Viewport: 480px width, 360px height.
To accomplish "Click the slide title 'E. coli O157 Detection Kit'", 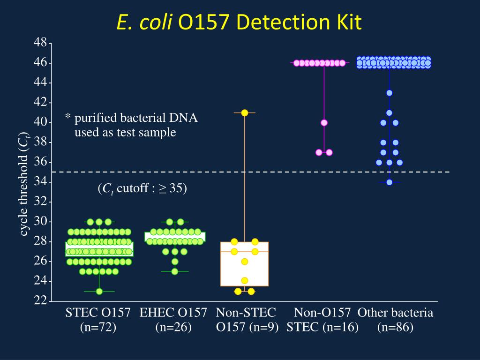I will [240, 22].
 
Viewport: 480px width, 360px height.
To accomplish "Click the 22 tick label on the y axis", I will [40, 301].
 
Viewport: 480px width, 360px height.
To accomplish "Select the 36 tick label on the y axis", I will [40, 162].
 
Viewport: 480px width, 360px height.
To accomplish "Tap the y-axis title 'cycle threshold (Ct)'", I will [24, 184].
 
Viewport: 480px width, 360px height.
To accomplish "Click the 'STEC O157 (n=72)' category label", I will [97, 320].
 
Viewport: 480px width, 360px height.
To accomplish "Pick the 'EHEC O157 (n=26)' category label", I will [173, 320].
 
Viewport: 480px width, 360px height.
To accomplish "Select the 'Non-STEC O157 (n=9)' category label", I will [247, 320].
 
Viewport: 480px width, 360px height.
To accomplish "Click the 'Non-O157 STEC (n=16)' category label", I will [322, 320].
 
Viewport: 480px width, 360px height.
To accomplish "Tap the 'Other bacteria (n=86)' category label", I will [395, 320].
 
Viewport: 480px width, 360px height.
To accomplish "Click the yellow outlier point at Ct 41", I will [244, 112].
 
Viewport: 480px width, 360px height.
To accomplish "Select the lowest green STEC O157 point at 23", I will [99, 291].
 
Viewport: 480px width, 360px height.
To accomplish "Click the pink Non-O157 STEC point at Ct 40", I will [324, 123].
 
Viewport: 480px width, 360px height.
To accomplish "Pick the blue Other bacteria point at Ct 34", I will [389, 182].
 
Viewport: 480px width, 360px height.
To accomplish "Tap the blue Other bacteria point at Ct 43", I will [389, 93].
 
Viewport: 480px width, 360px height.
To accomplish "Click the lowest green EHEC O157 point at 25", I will [175, 271].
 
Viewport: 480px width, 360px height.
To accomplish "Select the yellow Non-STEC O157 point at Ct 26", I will [244, 262].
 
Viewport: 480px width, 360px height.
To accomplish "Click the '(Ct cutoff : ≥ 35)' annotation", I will [142, 189].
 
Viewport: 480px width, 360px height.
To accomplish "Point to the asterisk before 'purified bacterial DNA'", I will [67, 117].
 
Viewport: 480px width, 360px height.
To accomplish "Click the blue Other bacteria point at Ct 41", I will [389, 112].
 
